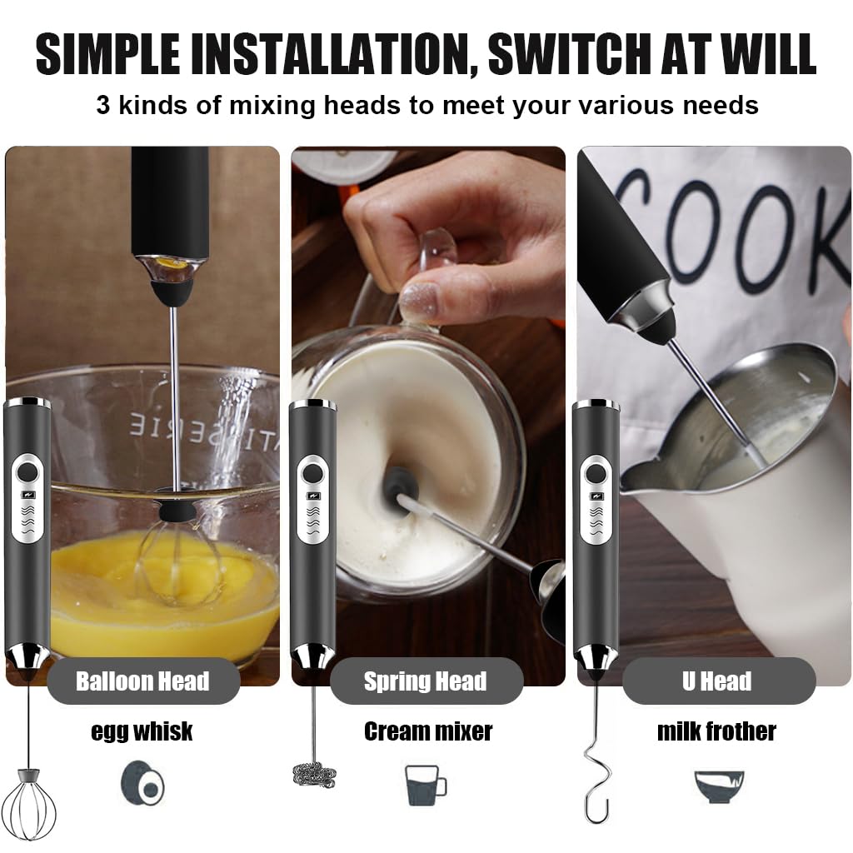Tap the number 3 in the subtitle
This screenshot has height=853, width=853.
[103, 106]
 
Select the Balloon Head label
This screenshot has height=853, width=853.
[142, 681]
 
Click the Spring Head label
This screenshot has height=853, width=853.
[425, 681]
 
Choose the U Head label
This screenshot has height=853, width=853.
[716, 681]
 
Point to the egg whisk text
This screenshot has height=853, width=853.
[142, 731]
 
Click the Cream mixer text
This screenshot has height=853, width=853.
[427, 731]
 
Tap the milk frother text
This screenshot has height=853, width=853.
[716, 731]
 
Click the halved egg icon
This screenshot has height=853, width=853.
[142, 783]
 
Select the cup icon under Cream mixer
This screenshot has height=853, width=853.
[425, 784]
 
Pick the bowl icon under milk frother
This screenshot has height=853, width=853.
[718, 785]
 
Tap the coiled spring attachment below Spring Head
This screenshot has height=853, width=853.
[315, 772]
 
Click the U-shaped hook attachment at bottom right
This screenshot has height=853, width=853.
[596, 775]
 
